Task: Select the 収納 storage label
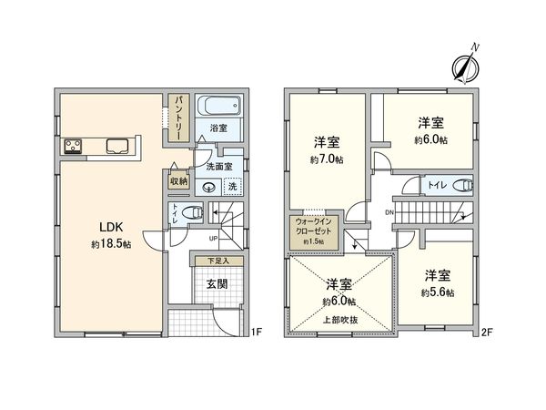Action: [178, 182]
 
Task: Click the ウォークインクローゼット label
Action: [313, 230]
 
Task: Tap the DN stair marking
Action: [389, 213]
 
